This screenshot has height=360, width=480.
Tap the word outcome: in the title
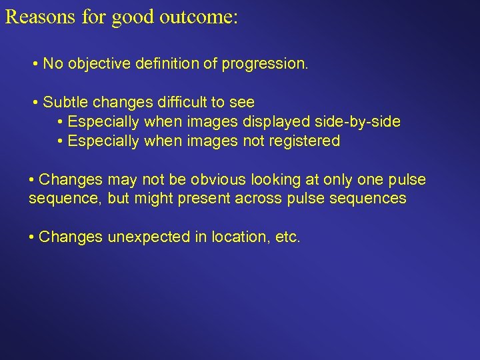coord(198,17)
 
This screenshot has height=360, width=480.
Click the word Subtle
coord(65,103)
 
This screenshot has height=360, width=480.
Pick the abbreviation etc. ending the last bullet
coord(287,238)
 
